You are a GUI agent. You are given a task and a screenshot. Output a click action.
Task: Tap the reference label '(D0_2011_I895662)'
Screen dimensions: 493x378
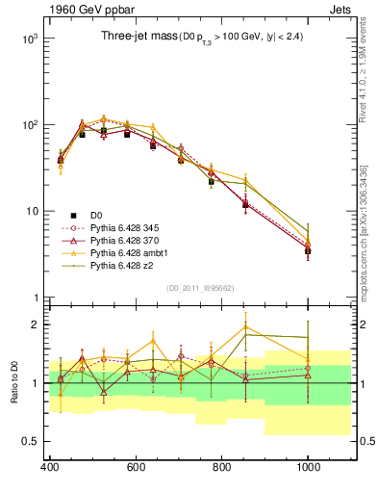[x=199, y=288]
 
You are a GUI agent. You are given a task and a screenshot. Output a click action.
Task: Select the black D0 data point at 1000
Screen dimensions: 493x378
[x=308, y=250]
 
